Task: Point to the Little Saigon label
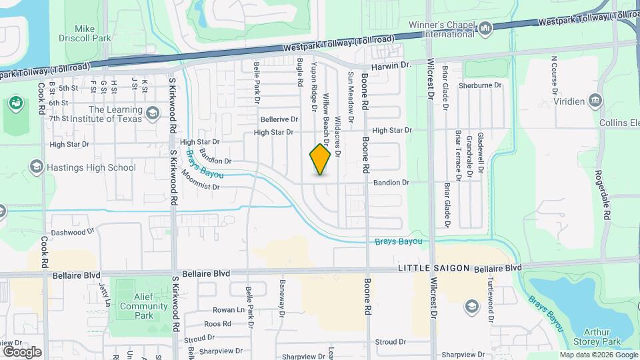[435, 268]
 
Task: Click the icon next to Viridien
[595, 101]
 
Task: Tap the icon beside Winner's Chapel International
[485, 28]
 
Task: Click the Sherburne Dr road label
[480, 85]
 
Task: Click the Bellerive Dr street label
[279, 119]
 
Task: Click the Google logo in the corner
[23, 351]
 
